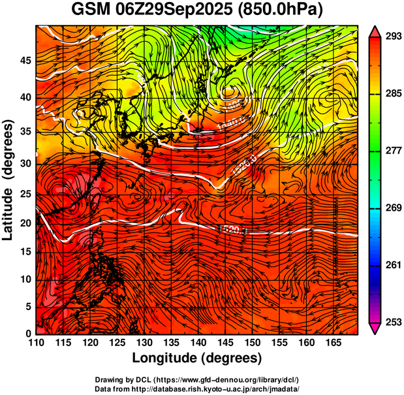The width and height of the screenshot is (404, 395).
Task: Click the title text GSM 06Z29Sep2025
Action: [x=152, y=10]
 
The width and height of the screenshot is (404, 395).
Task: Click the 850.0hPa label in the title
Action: [x=281, y=10]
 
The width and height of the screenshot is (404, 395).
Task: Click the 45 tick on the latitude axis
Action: [x=25, y=60]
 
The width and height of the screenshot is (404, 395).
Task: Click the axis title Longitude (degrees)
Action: [x=197, y=358]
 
